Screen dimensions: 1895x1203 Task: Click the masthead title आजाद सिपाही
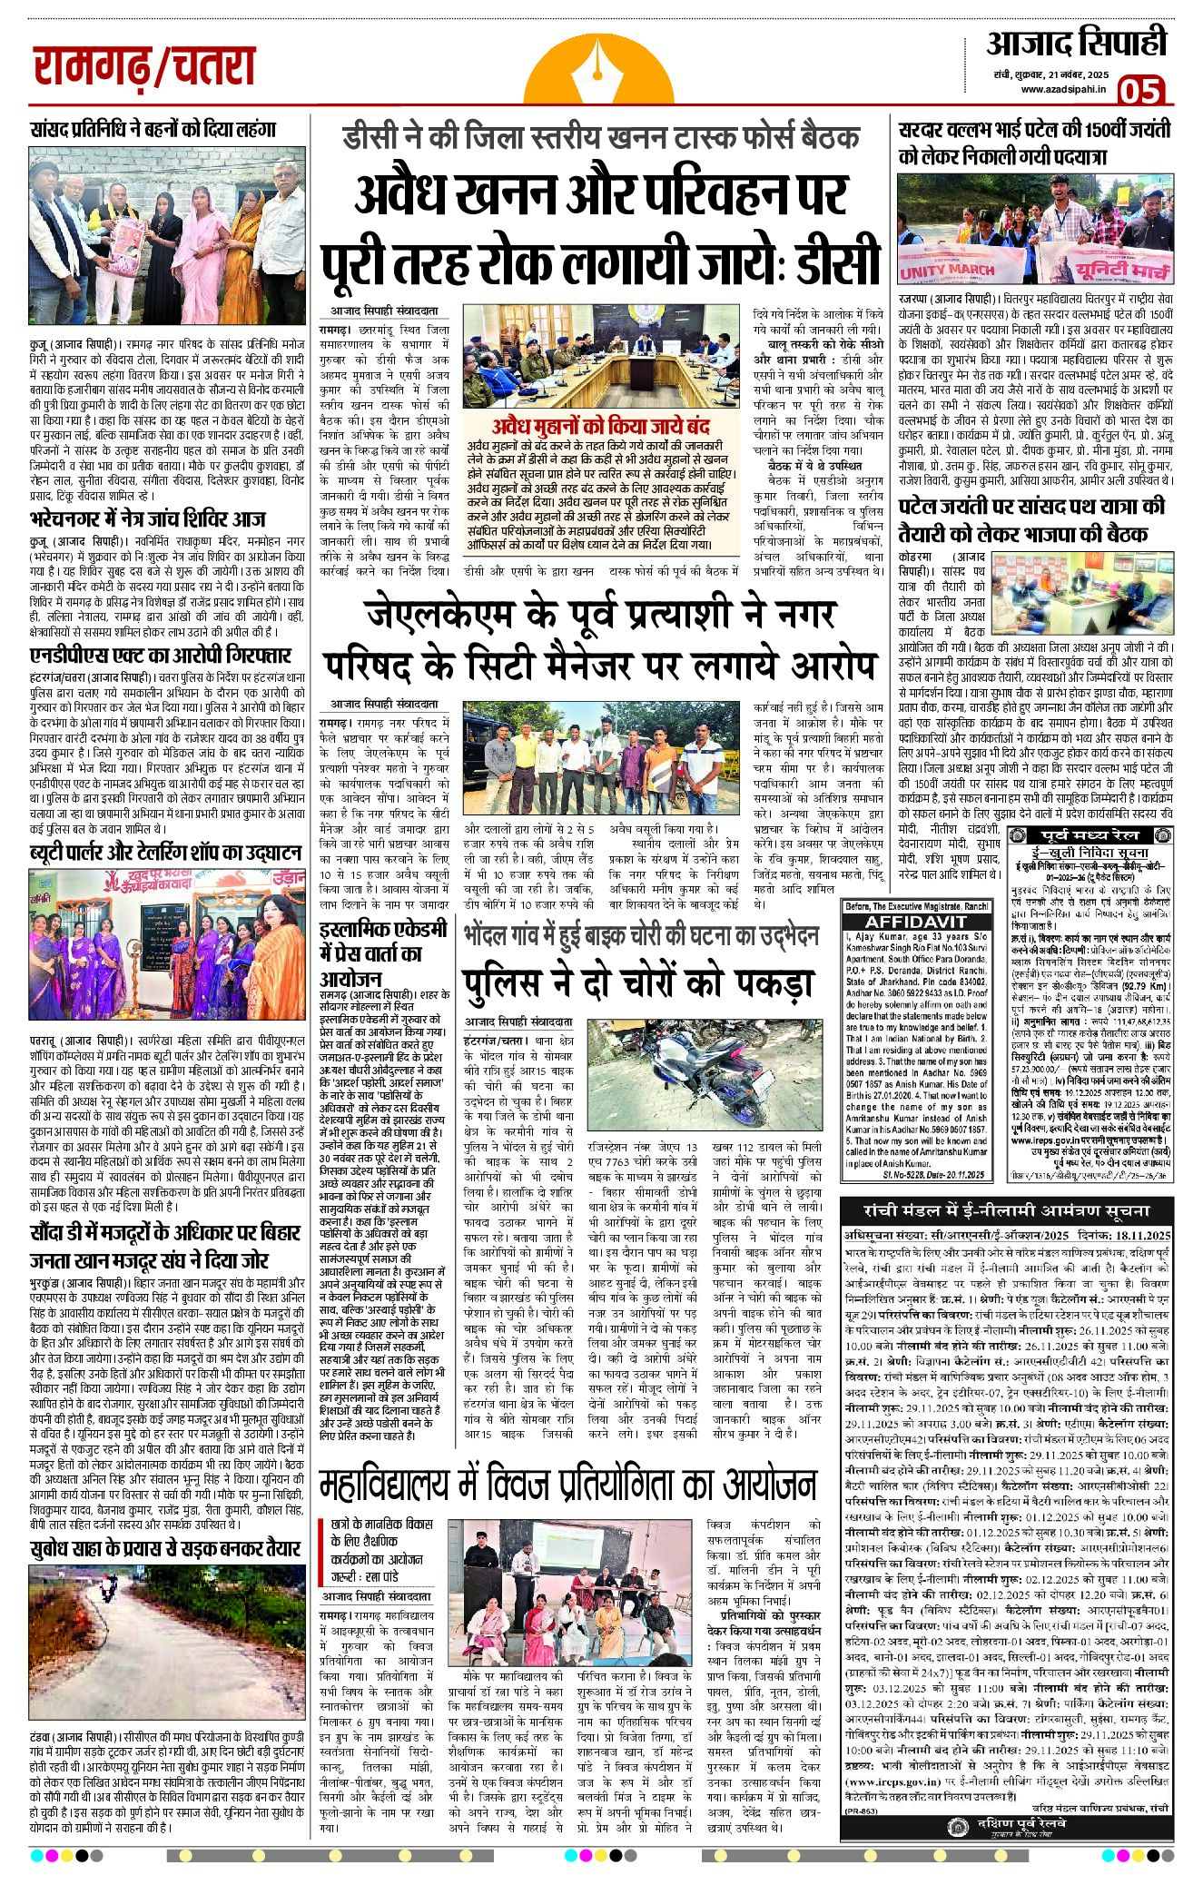[x=1076, y=44]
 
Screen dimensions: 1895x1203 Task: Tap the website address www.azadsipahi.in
[x=1062, y=88]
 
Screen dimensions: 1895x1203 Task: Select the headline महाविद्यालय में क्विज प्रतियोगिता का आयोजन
[x=567, y=1485]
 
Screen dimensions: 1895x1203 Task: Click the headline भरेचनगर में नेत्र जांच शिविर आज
[x=147, y=519]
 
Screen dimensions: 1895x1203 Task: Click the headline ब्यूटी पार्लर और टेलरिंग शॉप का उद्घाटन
[x=165, y=852]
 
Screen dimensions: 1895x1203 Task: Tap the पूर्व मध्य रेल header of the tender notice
[x=1093, y=834]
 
